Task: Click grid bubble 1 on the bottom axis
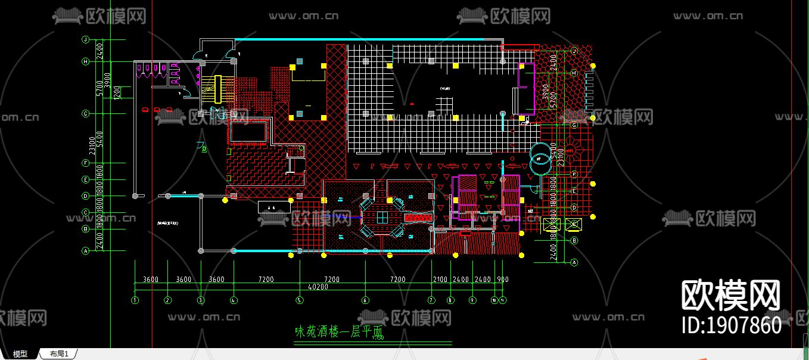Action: [135, 300]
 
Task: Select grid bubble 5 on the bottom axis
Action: [299, 300]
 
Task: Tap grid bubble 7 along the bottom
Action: [431, 300]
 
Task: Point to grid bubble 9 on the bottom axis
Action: [473, 300]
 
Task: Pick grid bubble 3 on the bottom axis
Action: [201, 300]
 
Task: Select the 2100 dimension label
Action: [440, 280]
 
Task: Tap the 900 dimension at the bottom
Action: [503, 280]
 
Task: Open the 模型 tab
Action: [20, 354]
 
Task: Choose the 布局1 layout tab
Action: [59, 354]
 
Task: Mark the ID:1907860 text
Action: [731, 325]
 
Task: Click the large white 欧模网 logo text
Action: [731, 295]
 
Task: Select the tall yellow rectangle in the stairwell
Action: [218, 89]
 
